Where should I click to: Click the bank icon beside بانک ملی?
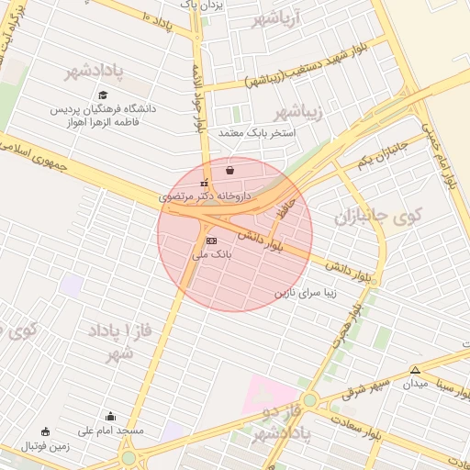[212, 240]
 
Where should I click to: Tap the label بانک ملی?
[207, 253]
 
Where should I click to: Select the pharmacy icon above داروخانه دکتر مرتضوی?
[204, 182]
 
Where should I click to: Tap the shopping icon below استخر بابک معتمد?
[229, 170]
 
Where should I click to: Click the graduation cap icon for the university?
[103, 95]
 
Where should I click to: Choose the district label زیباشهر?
[299, 112]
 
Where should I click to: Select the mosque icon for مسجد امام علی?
[111, 416]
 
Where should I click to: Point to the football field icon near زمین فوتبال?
[46, 431]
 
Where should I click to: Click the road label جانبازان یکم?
[380, 154]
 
